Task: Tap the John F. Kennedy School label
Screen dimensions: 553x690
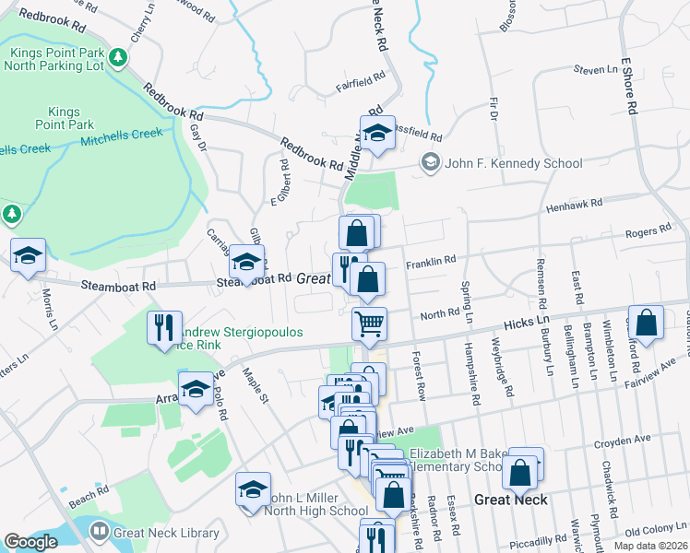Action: [x=512, y=163]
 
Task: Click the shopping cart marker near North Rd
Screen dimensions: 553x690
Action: [x=369, y=324]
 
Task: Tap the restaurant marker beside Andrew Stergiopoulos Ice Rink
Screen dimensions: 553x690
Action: [x=162, y=329]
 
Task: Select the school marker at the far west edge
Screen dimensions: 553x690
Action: [x=28, y=256]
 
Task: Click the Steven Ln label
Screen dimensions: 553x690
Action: [x=595, y=69]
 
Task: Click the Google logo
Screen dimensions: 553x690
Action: [x=30, y=542]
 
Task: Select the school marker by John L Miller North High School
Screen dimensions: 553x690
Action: [x=253, y=491]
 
